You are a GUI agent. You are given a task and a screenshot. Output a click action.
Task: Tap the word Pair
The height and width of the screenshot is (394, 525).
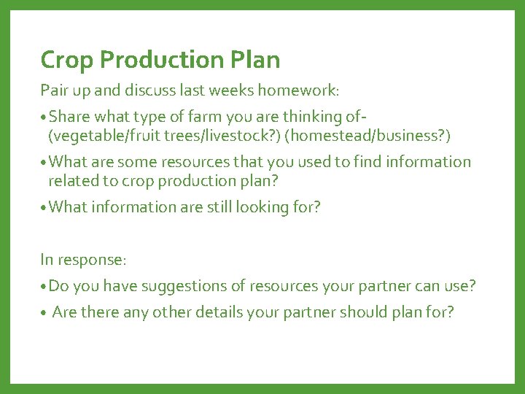[x=53, y=91]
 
